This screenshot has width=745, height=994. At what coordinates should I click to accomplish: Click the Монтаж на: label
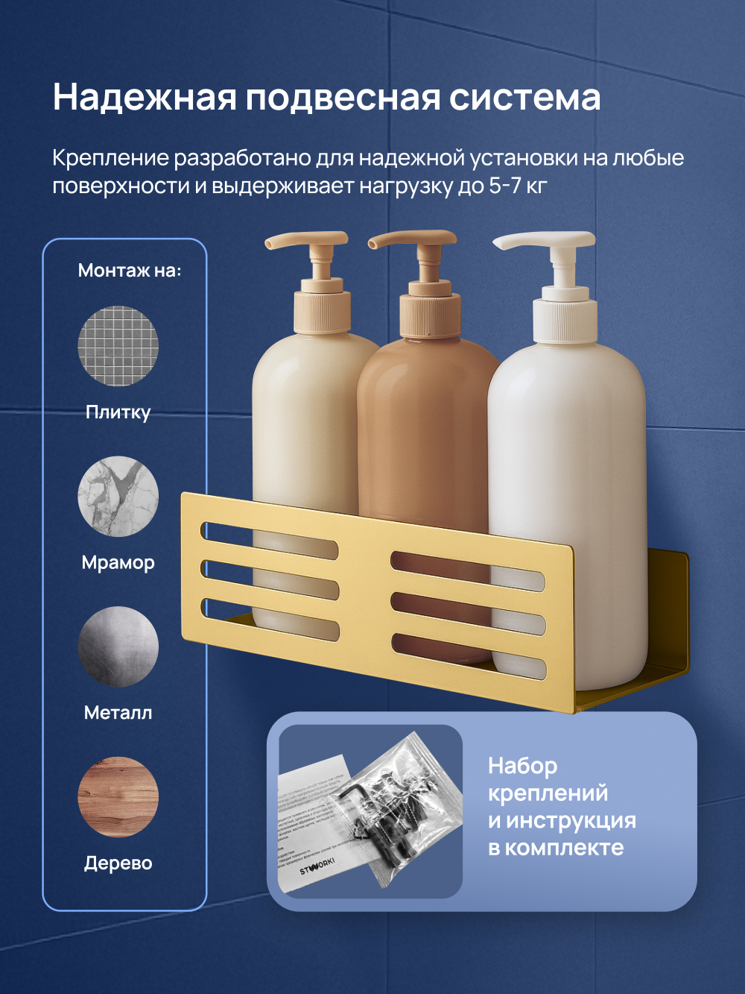pyautogui.click(x=130, y=270)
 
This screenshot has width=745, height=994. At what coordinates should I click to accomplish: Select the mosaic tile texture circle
pyautogui.click(x=118, y=346)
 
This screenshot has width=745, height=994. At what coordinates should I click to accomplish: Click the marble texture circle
pyautogui.click(x=118, y=497)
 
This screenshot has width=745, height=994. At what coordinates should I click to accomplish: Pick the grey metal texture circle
pyautogui.click(x=118, y=647)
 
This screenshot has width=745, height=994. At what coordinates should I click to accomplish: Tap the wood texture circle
pyautogui.click(x=118, y=797)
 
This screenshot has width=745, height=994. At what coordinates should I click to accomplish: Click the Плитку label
pyautogui.click(x=118, y=412)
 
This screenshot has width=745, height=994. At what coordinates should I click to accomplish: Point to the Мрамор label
pyautogui.click(x=118, y=562)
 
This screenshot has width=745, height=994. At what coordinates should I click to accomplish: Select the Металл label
pyautogui.click(x=118, y=713)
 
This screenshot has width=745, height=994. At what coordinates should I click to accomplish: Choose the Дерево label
pyautogui.click(x=118, y=864)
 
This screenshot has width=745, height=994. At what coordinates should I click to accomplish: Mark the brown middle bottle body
pyautogui.click(x=425, y=447)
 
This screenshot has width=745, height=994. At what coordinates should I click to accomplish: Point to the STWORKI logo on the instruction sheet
pyautogui.click(x=317, y=866)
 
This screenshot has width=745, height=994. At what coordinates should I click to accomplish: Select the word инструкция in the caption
pyautogui.click(x=571, y=820)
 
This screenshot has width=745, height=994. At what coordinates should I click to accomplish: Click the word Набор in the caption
pyautogui.click(x=522, y=766)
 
